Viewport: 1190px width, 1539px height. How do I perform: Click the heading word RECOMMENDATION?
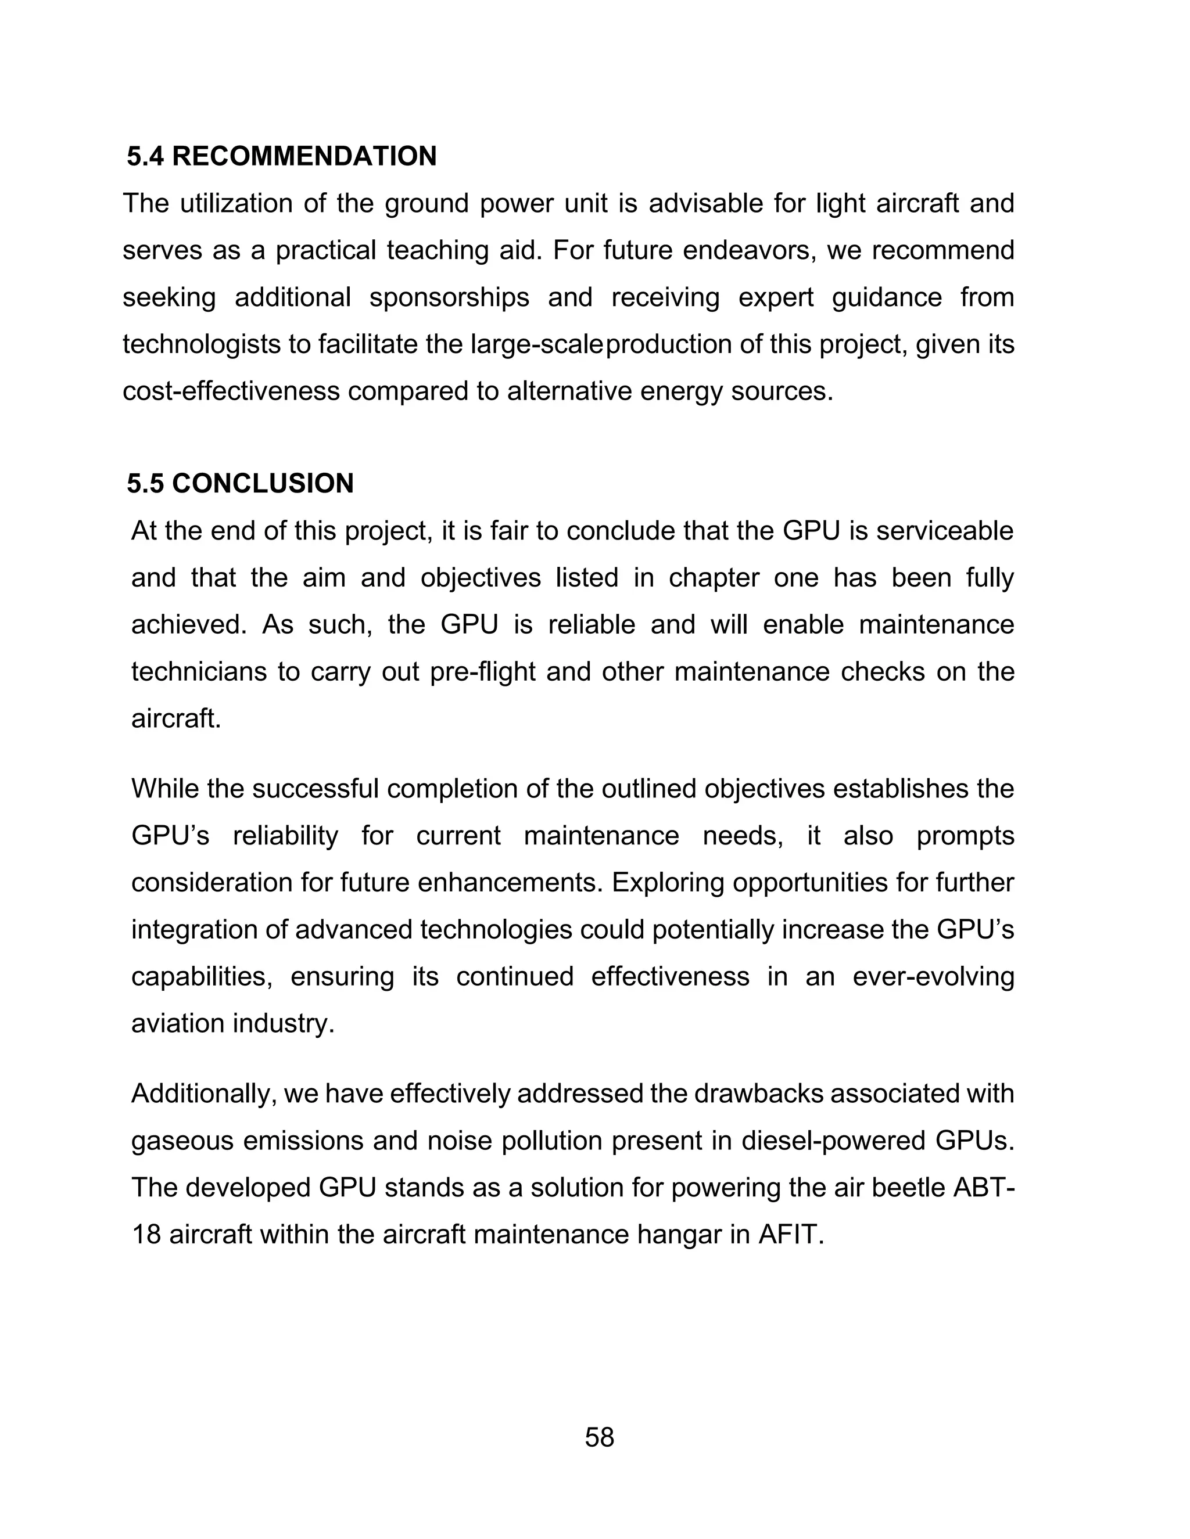[x=304, y=156]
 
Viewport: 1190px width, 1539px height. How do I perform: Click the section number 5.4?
[x=145, y=156]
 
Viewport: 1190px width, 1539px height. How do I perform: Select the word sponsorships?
[x=449, y=297]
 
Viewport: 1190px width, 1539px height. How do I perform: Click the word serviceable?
[x=945, y=531]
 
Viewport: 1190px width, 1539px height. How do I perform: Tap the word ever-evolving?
[x=933, y=977]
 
